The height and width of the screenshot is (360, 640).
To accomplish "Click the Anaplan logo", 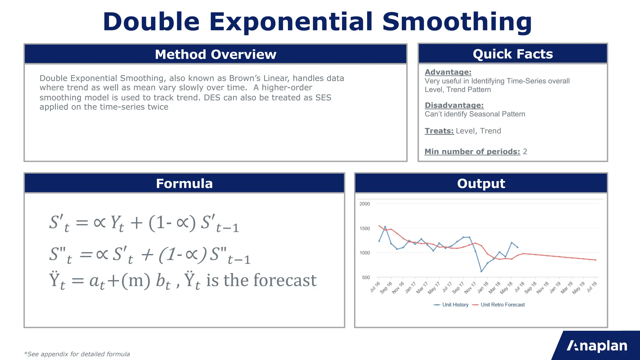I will (597, 346).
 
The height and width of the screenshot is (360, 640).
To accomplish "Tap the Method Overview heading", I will (216, 54).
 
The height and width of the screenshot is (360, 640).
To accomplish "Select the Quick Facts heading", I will (512, 54).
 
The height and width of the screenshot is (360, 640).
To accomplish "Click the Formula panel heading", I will (184, 183).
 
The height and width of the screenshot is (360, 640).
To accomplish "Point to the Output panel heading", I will (481, 183).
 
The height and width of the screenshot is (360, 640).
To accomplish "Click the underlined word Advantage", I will (448, 72).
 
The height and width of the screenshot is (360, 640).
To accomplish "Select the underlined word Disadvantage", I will (454, 105).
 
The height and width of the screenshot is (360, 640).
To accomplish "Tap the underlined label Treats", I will (439, 131).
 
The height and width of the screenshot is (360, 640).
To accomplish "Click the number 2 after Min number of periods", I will (525, 152).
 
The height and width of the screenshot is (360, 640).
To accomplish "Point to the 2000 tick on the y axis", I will (364, 204).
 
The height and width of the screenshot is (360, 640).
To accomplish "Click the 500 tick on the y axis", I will (366, 277).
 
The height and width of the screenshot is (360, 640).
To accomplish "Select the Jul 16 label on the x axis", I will (375, 287).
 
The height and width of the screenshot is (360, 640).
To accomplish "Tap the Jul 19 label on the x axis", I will (592, 287).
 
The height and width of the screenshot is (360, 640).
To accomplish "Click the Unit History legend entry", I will (455, 305).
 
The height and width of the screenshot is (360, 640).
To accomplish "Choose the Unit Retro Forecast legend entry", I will (502, 305).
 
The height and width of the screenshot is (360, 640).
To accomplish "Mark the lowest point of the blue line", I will (481, 271).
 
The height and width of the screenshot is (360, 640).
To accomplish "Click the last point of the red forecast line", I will (596, 260).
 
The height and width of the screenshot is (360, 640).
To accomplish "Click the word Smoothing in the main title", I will (457, 22).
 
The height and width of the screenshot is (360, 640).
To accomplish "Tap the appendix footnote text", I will (77, 354).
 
